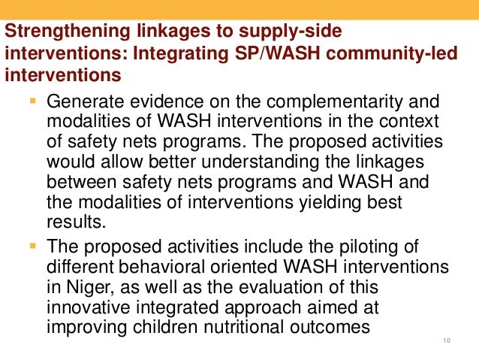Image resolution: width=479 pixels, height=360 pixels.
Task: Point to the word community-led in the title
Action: click(x=376, y=55)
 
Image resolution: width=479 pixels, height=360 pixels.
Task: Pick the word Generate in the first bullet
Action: click(x=83, y=101)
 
